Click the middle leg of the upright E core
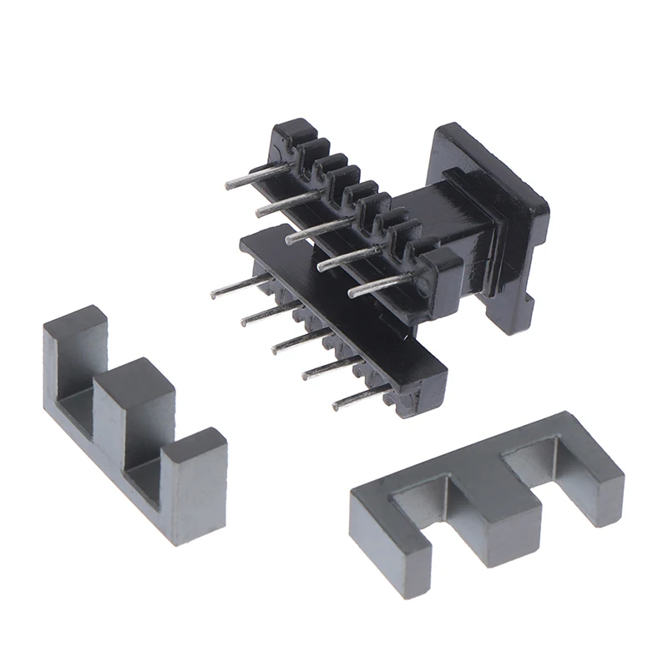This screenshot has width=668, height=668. (x=134, y=409)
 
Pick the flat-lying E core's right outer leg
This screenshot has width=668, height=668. (x=598, y=484)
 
